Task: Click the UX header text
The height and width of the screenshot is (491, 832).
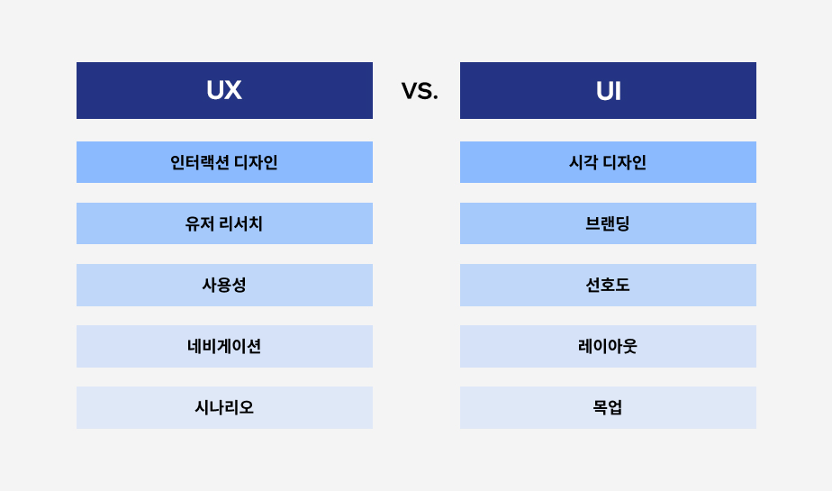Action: pos(224,90)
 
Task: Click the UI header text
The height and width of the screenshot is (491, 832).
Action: pos(608,91)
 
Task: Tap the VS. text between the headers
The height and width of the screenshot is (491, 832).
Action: pos(420,91)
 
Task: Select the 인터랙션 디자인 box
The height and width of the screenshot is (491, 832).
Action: pos(224,162)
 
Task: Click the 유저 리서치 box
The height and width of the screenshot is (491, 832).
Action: pos(224,223)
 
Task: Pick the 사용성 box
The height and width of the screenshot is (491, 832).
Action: pos(224,285)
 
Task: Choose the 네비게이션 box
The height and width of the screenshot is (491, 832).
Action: pos(224,346)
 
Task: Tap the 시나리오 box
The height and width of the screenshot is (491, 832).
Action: pos(224,407)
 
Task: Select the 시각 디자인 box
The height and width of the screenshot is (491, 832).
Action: pos(608,162)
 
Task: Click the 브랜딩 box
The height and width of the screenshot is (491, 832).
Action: pos(608,223)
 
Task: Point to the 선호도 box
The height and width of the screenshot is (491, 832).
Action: pos(608,285)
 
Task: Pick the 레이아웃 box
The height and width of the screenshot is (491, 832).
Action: pos(608,346)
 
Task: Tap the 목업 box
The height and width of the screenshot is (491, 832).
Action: pos(608,407)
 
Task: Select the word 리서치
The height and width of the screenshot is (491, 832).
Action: pos(240,223)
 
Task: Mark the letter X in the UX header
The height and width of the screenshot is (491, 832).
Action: pos(233,90)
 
